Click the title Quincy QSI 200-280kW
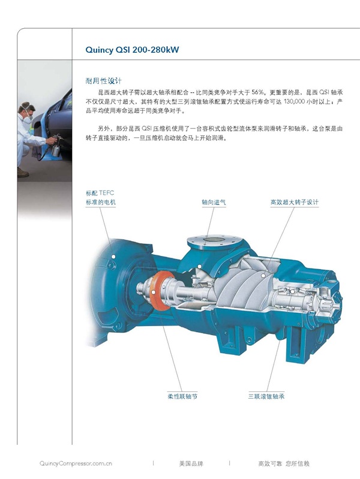132,50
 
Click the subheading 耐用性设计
103,81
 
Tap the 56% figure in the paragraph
257,92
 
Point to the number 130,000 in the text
295,101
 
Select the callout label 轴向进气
214,202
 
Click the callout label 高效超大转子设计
295,202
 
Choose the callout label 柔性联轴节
182,396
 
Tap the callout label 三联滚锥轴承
266,396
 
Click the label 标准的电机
101,202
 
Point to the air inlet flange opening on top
214,240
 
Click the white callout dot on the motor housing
113,257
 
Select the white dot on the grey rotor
263,275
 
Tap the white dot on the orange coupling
153,293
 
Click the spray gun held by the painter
56,146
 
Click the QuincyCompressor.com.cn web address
76,463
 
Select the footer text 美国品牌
191,463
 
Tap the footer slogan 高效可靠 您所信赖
284,463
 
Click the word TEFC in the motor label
106,193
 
